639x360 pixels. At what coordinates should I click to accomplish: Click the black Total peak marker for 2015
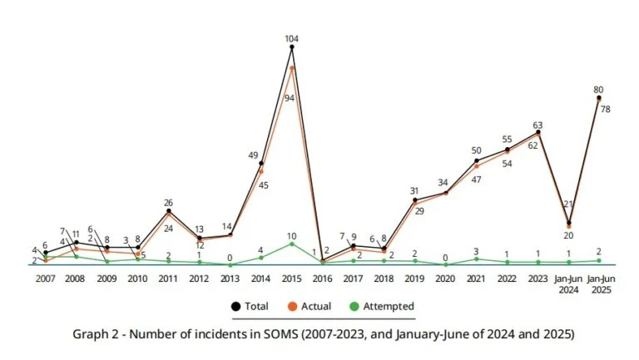pos(292,47)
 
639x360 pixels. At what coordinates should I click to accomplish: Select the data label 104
pos(292,37)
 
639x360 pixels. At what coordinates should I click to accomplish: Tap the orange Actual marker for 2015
pos(292,67)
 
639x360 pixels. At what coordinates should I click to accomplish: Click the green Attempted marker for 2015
pos(292,244)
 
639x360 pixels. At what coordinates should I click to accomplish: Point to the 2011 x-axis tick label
pos(168,279)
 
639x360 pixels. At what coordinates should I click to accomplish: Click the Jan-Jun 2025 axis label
pos(599,284)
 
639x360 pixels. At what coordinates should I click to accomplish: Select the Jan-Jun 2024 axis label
pos(568,284)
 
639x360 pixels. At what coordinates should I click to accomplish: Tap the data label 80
pos(598,89)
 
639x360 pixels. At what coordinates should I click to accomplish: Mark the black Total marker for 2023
pos(538,132)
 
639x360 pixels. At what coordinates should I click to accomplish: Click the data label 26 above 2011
pos(169,202)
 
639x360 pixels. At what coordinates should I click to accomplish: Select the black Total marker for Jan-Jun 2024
pos(569,223)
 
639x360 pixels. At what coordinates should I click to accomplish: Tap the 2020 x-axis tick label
pos(445,279)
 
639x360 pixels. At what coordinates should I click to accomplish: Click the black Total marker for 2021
pos(477,160)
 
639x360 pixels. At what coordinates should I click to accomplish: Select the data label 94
pos(289,98)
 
